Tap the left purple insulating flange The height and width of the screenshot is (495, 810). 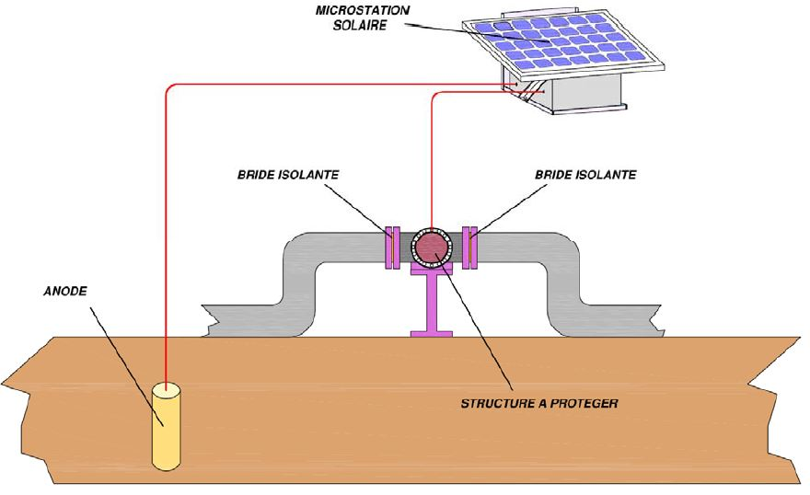click(x=392, y=247)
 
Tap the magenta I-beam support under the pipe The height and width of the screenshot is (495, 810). click(x=431, y=304)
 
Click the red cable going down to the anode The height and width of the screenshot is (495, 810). click(x=167, y=230)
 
